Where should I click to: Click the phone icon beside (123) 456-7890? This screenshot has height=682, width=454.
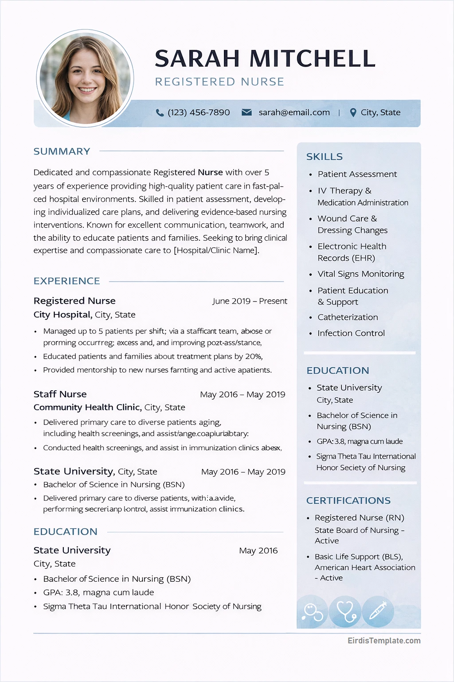coord(160,113)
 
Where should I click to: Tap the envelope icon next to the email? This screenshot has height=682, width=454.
coord(247,112)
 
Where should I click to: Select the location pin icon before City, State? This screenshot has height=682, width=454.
coord(353,113)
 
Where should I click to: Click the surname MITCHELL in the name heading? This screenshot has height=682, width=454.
coord(312,59)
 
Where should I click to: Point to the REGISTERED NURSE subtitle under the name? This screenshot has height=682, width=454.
coord(219,82)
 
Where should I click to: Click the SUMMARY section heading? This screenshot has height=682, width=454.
coord(62,151)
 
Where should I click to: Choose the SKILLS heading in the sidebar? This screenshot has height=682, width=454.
coord(324,157)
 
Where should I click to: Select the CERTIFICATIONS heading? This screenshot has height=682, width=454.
coord(348,500)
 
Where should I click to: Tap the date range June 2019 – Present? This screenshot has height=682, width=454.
coord(250,301)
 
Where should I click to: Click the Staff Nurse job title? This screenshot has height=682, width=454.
coord(60,394)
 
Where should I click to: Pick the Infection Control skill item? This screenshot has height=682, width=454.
coord(351,333)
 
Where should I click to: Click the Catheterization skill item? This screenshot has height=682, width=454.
coord(348,317)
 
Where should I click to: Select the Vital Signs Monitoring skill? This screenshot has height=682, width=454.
coord(360,274)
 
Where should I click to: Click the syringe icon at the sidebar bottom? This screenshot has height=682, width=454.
coord(378,611)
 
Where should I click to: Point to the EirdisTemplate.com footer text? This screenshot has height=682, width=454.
coord(384,641)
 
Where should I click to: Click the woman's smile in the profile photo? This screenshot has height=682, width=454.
coord(87,90)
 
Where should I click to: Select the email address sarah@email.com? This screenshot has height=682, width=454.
coord(294,113)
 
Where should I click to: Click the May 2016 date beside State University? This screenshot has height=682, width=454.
coord(258,551)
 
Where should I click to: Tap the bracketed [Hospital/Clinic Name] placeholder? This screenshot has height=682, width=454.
coord(216,250)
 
